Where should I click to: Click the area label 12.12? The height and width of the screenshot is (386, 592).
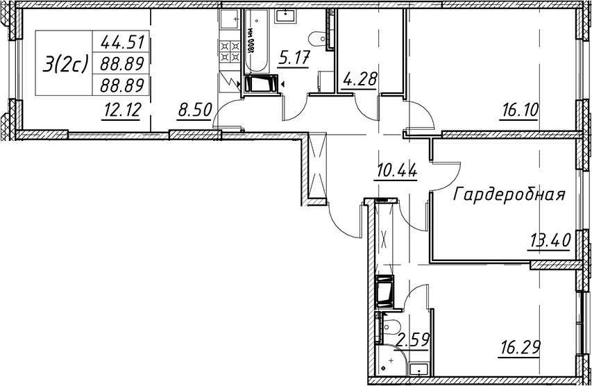click(x=121, y=110)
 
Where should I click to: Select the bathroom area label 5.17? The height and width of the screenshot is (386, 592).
click(x=294, y=58)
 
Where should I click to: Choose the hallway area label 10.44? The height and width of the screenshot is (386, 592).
click(x=396, y=172)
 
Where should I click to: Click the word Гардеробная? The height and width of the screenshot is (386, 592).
click(x=509, y=194)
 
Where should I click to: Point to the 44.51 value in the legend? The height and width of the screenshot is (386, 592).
click(x=122, y=42)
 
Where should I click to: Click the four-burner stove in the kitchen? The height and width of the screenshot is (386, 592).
click(x=230, y=51)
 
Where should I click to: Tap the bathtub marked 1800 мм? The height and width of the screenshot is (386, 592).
click(x=255, y=41)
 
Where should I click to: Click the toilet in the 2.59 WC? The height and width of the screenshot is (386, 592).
click(x=389, y=326)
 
